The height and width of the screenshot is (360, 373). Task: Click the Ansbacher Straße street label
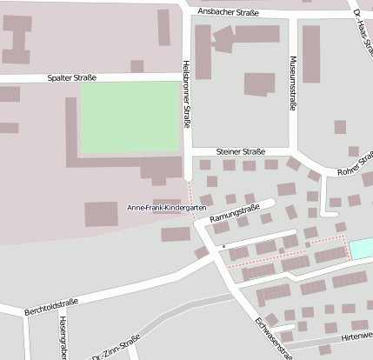230,12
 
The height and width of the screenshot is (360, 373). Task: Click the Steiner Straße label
241,150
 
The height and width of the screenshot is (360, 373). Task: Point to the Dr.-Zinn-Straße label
116,349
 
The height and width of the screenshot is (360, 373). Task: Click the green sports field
129,117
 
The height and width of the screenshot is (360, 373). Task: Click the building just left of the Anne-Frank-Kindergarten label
101,214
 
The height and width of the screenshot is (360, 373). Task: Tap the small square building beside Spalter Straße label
137,66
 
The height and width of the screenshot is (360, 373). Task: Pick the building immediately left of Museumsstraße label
259,83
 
